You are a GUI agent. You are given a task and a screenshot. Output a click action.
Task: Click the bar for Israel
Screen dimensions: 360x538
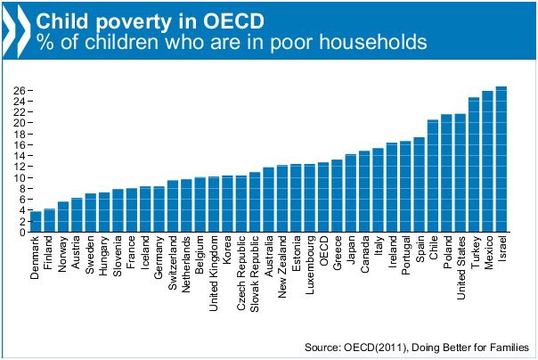pos(501,160)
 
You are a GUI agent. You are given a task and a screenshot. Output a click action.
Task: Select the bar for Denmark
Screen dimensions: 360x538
pos(36,222)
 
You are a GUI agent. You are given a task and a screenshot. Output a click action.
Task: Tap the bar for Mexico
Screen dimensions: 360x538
pos(487,162)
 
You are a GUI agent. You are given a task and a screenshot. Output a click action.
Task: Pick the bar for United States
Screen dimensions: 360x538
pos(460,173)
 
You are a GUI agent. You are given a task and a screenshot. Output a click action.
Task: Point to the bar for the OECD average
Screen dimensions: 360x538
pos(322,198)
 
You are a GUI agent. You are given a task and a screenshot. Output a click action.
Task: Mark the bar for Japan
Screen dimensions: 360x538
pos(350,193)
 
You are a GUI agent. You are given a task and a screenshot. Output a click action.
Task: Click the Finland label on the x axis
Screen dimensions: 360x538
pos(49,255)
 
